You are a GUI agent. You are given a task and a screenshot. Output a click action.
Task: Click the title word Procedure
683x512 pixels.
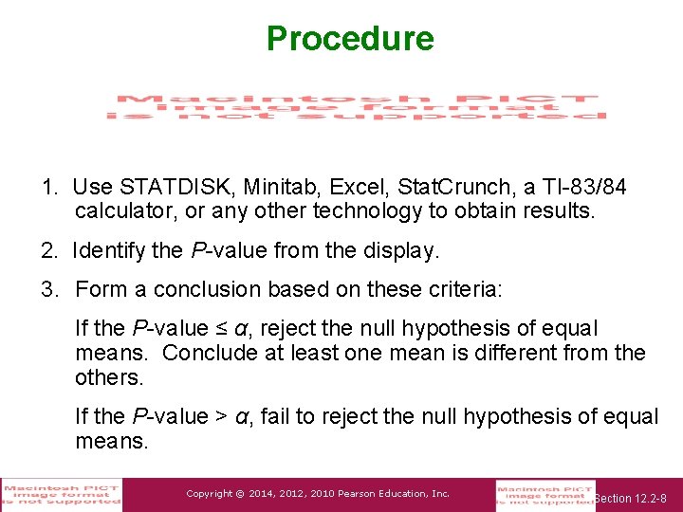350,39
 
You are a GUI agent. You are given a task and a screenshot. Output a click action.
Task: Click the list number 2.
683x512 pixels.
47,251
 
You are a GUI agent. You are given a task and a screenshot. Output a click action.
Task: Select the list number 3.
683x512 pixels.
47,289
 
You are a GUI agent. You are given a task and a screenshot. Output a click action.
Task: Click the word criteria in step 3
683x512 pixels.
464,289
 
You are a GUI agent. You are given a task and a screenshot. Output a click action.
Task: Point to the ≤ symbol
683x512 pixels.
221,329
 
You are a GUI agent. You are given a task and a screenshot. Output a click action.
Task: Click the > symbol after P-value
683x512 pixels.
221,416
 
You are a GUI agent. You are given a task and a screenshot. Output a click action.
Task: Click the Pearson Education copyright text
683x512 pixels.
318,494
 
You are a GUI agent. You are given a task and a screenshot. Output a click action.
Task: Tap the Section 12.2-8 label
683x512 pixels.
632,498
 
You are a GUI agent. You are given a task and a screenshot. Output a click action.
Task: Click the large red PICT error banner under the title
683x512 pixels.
356,106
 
